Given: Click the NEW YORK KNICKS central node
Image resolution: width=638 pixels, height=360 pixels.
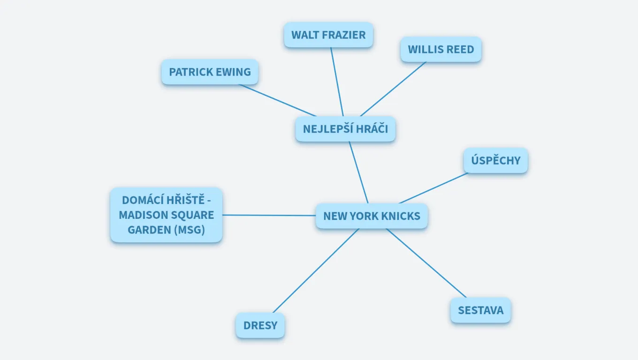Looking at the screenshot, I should tap(372, 216).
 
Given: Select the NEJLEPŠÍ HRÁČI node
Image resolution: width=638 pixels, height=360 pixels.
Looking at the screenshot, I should tap(345, 129).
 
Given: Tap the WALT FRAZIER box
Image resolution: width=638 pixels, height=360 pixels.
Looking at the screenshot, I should tap(328, 35).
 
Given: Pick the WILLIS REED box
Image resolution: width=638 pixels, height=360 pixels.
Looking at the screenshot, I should tap(441, 49).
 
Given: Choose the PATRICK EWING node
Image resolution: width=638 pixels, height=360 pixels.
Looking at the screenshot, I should tap(210, 72).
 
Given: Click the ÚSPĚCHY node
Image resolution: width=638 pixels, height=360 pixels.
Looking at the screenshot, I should tap(496, 160).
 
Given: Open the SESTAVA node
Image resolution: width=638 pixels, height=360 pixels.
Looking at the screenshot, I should tap(480, 310).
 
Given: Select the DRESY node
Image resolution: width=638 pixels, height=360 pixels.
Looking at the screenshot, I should tap(260, 325).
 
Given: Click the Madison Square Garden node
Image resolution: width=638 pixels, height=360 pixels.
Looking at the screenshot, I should tap(166, 215).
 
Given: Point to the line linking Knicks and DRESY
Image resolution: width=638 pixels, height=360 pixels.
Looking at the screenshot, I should tap(316, 271).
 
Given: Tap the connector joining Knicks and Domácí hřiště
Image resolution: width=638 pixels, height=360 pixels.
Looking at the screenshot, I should tap(269, 215).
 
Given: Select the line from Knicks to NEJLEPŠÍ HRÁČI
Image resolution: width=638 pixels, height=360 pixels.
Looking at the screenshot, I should tap(358, 172).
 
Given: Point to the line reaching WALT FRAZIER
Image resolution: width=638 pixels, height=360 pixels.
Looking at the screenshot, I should tap(337, 82).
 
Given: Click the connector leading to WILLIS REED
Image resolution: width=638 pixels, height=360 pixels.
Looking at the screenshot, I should tap(393, 89).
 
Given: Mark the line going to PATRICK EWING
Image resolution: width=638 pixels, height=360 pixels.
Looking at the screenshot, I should tap(278, 100).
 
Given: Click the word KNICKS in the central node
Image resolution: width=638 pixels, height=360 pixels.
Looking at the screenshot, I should tap(401, 216).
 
